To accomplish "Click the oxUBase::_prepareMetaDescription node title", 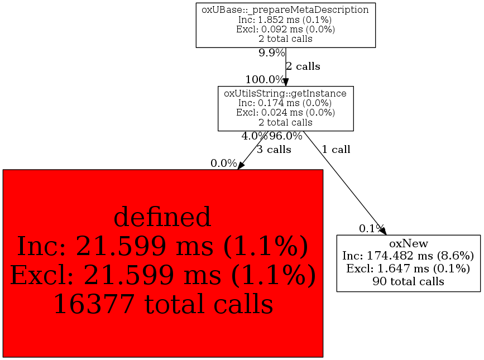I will [285, 9].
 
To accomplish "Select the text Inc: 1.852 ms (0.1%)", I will [285, 20].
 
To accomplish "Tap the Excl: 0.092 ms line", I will [285, 29].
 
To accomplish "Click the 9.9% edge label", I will [271, 53].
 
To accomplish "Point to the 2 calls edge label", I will [303, 66].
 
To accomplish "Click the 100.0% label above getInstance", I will [265, 79].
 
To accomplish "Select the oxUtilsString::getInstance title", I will [285, 93].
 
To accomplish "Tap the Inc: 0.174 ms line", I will [285, 103].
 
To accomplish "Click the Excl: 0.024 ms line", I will [285, 112].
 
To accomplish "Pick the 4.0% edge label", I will [255, 136].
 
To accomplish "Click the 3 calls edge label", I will [274, 150].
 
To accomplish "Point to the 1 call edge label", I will [336, 150].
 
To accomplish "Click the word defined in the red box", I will [162, 217].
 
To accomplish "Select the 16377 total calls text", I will [162, 304].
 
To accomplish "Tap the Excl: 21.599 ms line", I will [162, 275].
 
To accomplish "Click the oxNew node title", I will [408, 244].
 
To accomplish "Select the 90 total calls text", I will [408, 281].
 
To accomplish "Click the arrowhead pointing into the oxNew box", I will [382, 231].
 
